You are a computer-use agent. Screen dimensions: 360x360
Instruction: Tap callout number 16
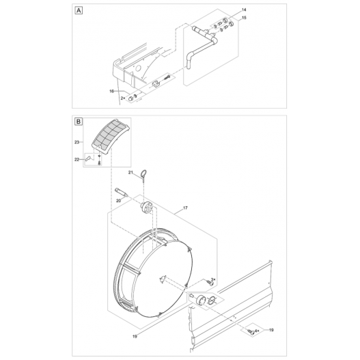111,91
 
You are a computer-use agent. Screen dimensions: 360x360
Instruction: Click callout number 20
117,201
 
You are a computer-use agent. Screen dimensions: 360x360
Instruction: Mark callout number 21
131,174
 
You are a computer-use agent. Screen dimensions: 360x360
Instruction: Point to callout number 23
77,142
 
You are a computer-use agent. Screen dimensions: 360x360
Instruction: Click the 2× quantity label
123,99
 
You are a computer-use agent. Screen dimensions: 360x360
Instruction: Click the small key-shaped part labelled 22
89,159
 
